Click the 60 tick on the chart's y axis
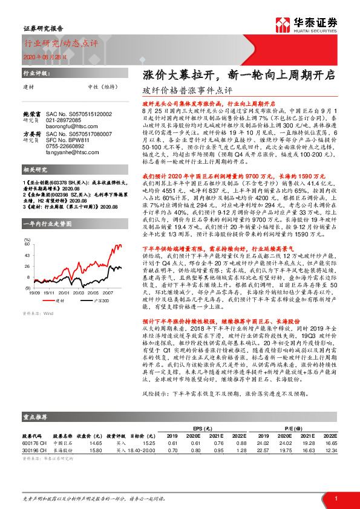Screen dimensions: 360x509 coord(27,244)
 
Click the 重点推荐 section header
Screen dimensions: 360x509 coord(36,417)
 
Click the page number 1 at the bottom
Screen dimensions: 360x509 coord(335,498)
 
